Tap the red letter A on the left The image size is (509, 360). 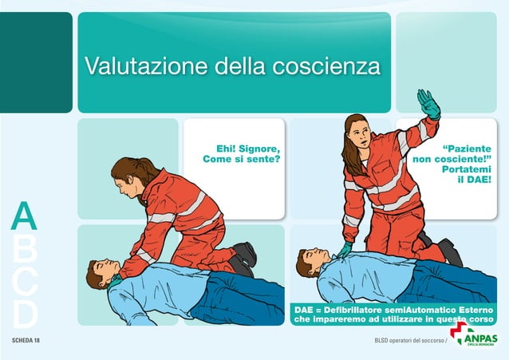point(25,217)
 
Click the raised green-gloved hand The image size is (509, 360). point(429,105)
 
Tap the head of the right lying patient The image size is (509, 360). point(310,264)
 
